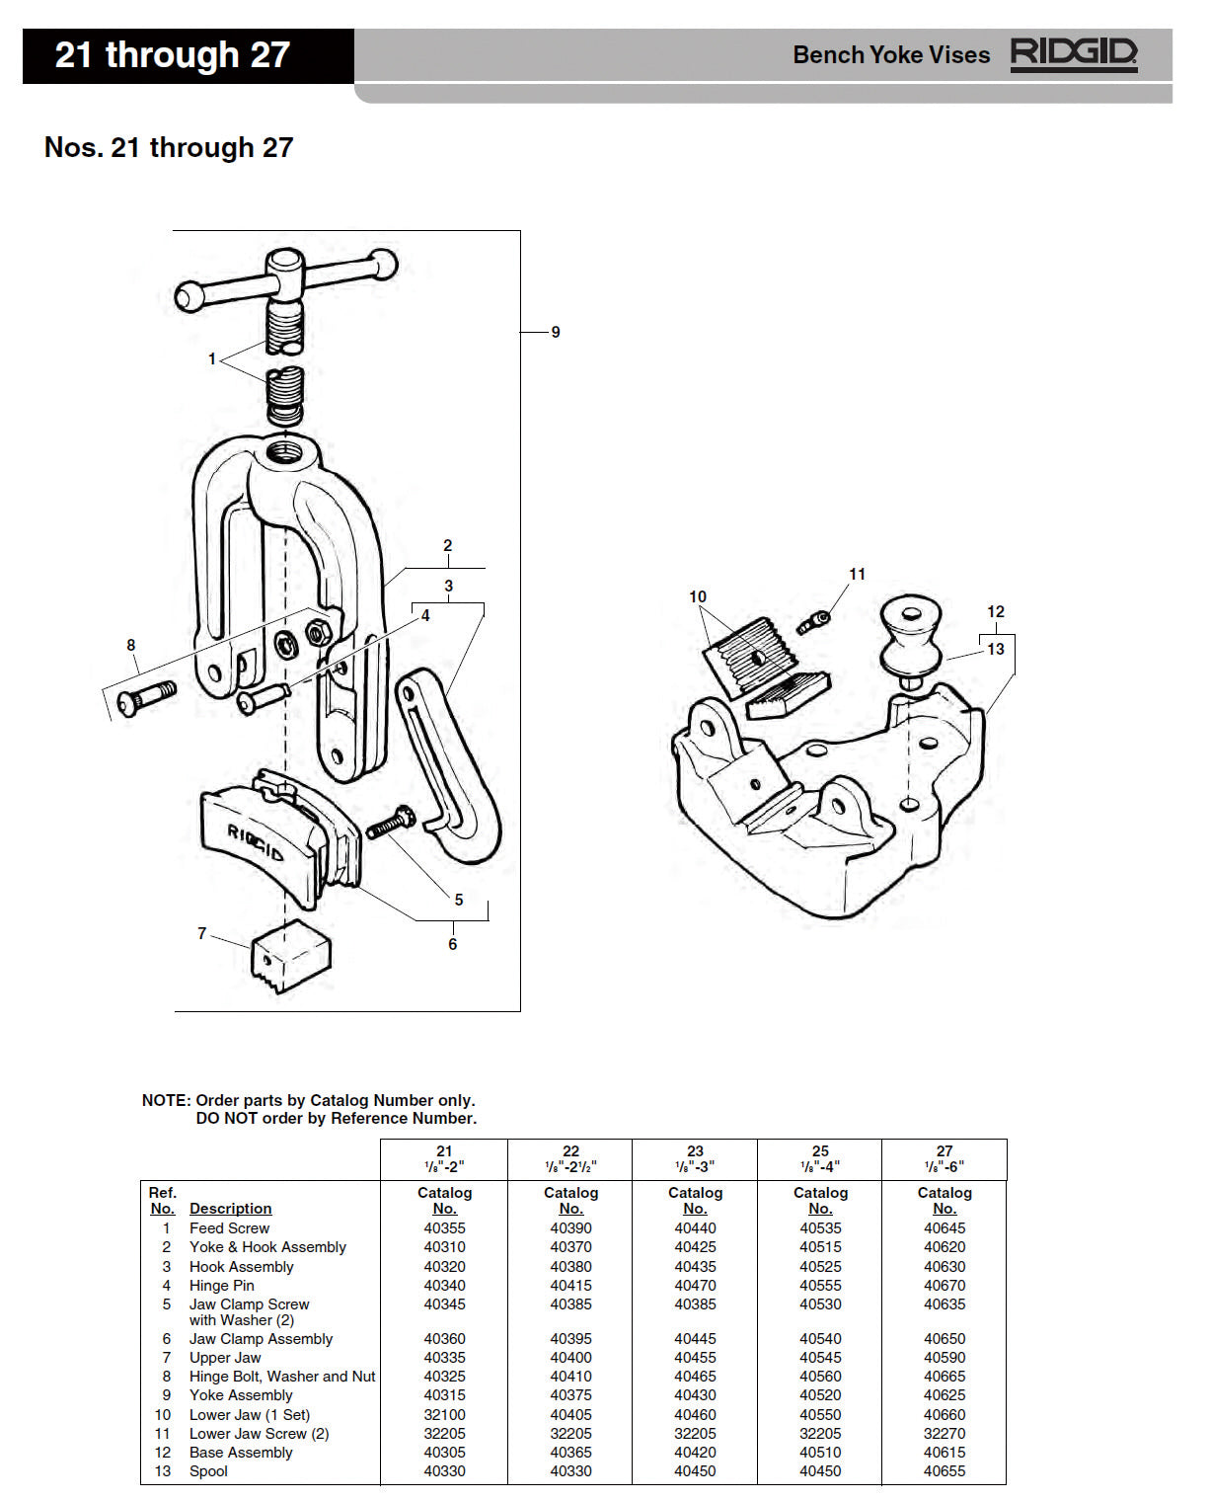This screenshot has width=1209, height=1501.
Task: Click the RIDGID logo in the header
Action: (1073, 53)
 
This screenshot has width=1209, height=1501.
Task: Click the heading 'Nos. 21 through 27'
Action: (169, 148)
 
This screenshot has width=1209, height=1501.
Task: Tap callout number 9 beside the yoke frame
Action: (556, 333)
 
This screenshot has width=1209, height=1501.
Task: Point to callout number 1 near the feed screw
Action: (211, 359)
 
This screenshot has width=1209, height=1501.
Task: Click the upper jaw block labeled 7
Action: (291, 956)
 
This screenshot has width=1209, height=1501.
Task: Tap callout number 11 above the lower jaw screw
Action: (857, 575)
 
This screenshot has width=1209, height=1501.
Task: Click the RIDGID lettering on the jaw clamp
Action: (256, 841)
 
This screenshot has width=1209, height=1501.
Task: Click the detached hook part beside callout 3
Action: (449, 766)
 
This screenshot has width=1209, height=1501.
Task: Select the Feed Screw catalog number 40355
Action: (444, 1228)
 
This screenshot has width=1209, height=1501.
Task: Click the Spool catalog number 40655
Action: (945, 1471)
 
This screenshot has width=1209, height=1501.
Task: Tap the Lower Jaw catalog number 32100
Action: (444, 1415)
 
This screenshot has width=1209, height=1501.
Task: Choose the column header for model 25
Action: (820, 1158)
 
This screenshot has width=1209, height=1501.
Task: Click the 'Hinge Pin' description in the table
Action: (222, 1286)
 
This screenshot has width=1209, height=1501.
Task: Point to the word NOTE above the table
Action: (165, 1101)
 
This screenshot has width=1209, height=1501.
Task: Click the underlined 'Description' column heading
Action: (230, 1209)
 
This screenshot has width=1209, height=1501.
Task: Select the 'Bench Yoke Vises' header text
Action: (890, 55)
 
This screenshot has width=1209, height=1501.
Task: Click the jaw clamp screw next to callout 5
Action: (391, 823)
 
